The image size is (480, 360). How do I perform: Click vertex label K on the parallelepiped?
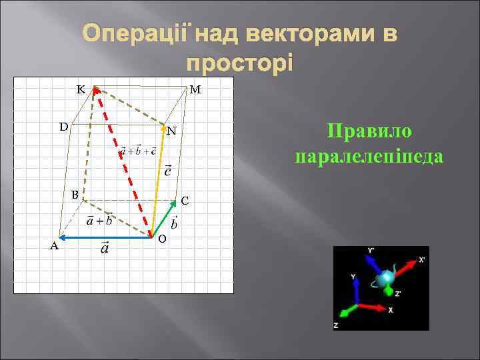coord(80,89)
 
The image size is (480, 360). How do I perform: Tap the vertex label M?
coord(197,89)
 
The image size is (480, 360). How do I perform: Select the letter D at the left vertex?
coord(62,126)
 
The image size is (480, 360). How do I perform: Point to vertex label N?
coord(171,131)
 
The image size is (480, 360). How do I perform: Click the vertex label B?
coord(75,194)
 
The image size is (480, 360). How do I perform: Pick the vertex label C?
coord(185,200)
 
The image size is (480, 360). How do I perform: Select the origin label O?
coord(163,239)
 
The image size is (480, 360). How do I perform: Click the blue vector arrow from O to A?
coord(103,236)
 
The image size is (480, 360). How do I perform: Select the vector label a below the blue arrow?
coord(105,249)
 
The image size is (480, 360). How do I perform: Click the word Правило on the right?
coord(370,131)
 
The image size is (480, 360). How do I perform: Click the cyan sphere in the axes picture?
coord(386,278)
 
